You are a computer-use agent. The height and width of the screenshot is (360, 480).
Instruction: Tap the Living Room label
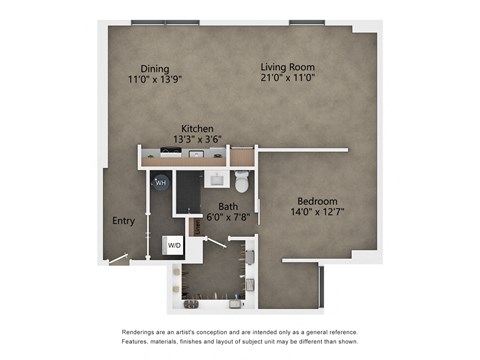(x=286, y=66)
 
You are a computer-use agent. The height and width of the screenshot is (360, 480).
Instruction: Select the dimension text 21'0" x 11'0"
(x=286, y=78)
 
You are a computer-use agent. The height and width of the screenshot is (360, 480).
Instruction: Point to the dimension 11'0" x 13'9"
(x=155, y=78)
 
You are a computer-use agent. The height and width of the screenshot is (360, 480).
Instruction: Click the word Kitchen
(x=197, y=128)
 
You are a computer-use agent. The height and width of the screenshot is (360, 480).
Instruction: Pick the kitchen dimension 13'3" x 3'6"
(x=197, y=139)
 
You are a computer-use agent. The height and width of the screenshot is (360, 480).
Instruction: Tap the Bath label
(x=228, y=207)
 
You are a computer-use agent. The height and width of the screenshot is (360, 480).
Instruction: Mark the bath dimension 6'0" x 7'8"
(x=228, y=218)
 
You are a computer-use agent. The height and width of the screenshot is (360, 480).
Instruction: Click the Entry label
(x=123, y=222)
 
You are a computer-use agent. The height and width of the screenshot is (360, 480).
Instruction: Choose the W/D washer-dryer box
(x=174, y=244)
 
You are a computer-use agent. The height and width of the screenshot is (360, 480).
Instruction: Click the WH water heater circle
(x=160, y=182)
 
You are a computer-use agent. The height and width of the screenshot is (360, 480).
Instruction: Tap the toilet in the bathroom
(x=241, y=182)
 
